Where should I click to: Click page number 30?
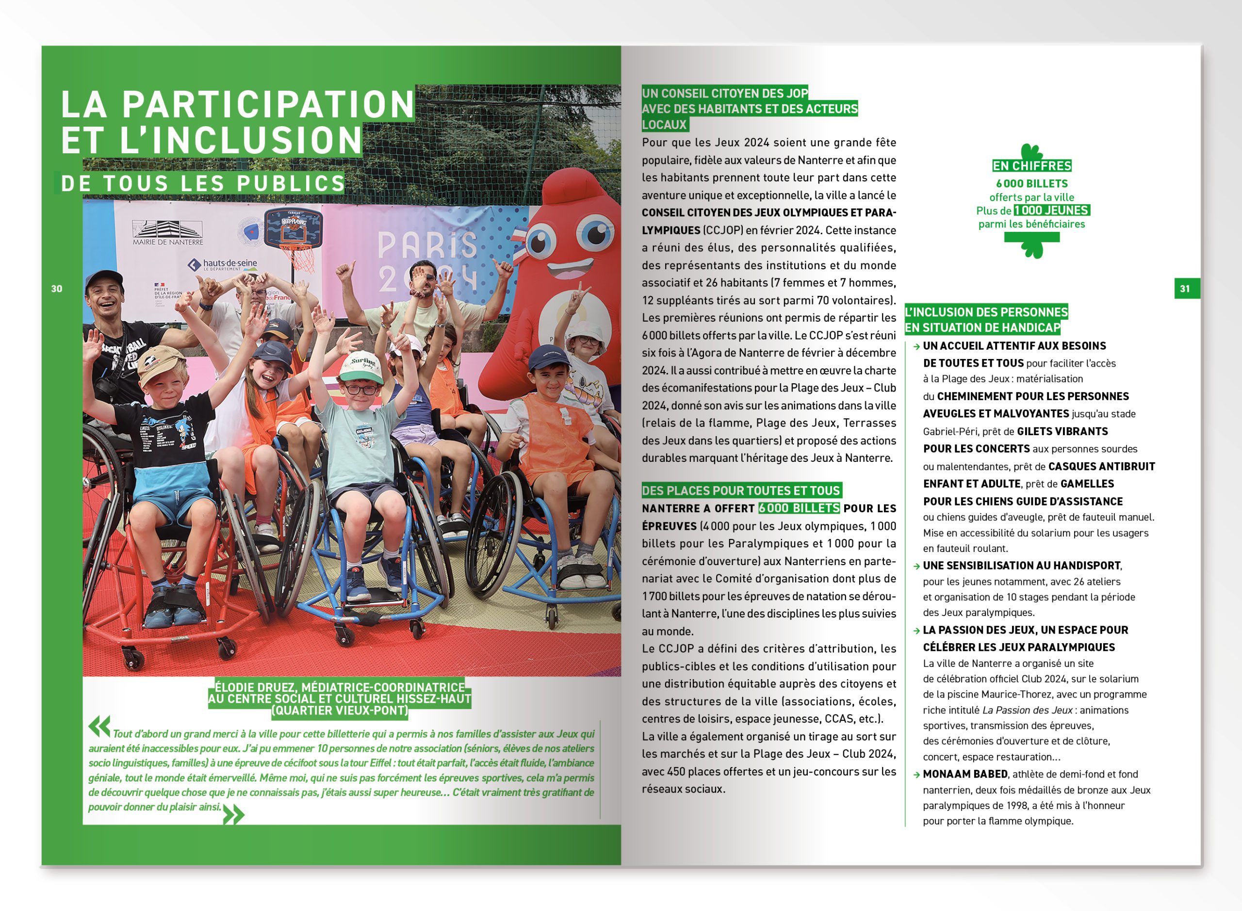pyautogui.click(x=57, y=289)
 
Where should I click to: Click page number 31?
pyautogui.click(x=1185, y=289)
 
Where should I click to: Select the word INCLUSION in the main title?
pyautogui.click(x=257, y=140)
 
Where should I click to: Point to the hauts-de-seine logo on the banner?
pyautogui.click(x=223, y=265)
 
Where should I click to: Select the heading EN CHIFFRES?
pyautogui.click(x=1031, y=166)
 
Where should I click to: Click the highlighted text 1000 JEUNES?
pyautogui.click(x=1052, y=211)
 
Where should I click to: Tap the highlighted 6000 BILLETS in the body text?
pyautogui.click(x=799, y=508)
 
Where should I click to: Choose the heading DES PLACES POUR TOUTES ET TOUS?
pyautogui.click(x=741, y=491)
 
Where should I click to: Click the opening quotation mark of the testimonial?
pyautogui.click(x=99, y=726)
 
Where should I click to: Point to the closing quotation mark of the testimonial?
pyautogui.click(x=233, y=814)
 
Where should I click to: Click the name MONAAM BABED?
pyautogui.click(x=965, y=774)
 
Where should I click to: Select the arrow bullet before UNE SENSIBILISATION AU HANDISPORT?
pyautogui.click(x=916, y=566)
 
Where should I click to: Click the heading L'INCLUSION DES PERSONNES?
pyautogui.click(x=986, y=312)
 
